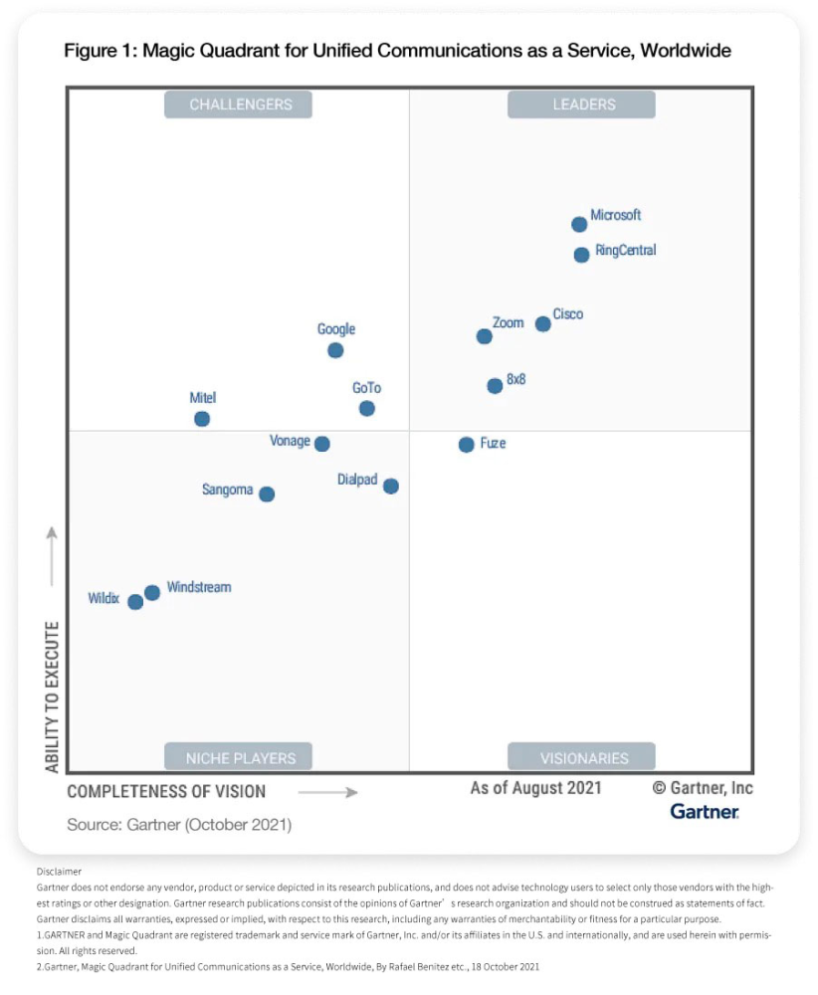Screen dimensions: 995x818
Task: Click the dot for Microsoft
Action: click(579, 225)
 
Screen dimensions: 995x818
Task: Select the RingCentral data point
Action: click(581, 255)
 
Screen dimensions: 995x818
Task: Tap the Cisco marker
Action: click(542, 323)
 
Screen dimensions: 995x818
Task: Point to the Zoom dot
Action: click(484, 336)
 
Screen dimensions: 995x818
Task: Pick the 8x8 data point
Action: click(495, 386)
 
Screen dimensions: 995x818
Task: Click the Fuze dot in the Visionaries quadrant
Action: click(466, 445)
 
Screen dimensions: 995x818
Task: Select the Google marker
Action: click(335, 350)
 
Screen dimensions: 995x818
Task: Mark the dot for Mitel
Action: click(202, 419)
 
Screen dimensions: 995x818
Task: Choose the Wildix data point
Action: click(135, 602)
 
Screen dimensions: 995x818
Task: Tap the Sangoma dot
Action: click(267, 494)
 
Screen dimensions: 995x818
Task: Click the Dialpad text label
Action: click(357, 480)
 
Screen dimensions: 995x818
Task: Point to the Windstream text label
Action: click(199, 587)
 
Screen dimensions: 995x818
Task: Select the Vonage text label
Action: click(290, 441)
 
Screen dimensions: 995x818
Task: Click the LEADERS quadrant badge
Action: click(582, 104)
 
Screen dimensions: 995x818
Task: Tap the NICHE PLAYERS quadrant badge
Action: click(240, 757)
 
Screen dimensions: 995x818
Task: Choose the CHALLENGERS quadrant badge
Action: click(240, 104)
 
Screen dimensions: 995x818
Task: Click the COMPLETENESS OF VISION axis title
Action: click(166, 792)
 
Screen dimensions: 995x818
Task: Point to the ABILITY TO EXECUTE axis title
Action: click(53, 696)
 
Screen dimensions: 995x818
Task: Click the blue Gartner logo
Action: click(705, 812)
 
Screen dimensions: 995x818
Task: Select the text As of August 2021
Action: click(535, 788)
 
